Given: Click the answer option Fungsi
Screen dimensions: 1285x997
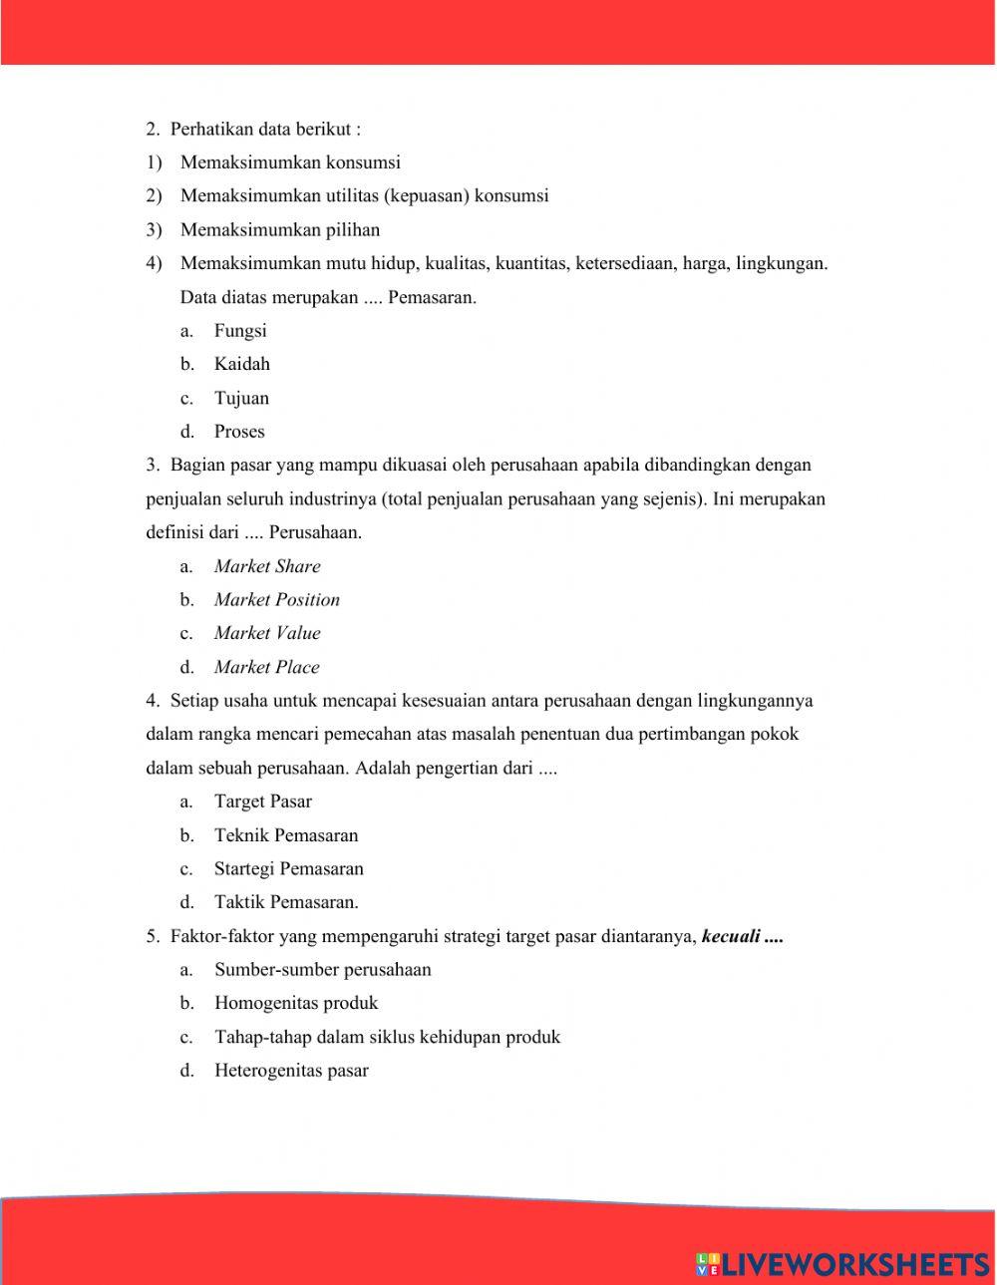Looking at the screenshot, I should [239, 331].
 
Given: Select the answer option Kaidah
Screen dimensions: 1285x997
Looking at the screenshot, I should [241, 364].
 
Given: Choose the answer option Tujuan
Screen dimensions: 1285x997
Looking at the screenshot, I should [241, 398].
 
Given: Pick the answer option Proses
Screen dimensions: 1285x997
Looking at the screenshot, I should [239, 432].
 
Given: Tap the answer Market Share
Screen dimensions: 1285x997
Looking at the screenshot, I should [267, 566].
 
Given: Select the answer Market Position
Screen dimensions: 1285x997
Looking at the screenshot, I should [276, 600].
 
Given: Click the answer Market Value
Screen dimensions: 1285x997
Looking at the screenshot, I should [267, 633].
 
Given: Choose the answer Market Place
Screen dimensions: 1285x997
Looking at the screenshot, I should [266, 667].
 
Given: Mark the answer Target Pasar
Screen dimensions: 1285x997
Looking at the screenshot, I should [262, 802].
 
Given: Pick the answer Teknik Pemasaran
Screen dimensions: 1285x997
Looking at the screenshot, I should [285, 835].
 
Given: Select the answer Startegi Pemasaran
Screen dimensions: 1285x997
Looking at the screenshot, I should [288, 868].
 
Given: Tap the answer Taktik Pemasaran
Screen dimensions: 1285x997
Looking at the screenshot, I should [285, 902].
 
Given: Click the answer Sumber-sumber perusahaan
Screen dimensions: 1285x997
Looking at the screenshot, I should [322, 969].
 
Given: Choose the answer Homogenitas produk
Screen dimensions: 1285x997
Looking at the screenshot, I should [296, 1003].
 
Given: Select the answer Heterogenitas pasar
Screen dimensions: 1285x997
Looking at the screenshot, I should [291, 1071].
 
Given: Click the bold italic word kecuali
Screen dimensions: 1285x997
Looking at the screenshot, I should [731, 936].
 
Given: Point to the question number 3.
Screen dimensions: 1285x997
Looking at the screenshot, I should [152, 465].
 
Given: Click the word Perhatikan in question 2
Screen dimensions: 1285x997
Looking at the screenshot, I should [211, 129].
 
